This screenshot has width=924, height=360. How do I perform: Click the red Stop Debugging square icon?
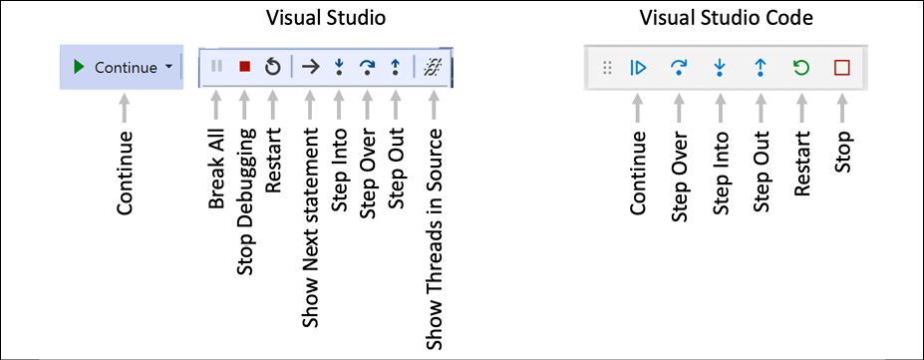point(245,67)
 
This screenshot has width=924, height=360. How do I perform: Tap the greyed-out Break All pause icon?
point(216,67)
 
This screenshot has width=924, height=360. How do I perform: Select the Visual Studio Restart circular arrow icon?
point(273,67)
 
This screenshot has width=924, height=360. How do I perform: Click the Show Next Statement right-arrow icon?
point(311,67)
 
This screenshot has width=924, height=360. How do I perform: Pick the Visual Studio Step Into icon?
point(339,67)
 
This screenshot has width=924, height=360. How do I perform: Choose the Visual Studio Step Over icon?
point(367,67)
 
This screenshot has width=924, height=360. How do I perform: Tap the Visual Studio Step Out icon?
point(396,67)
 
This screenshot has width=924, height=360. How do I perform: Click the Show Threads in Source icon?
point(434,67)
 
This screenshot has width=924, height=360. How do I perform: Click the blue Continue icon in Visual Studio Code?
point(639,68)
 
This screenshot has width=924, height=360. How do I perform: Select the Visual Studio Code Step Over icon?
point(680,68)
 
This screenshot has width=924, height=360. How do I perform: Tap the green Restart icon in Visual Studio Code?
point(801,68)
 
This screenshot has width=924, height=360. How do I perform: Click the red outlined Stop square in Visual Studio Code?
point(842,68)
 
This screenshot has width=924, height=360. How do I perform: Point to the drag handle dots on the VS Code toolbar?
point(605,68)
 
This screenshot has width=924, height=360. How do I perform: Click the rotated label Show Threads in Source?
point(435,238)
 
